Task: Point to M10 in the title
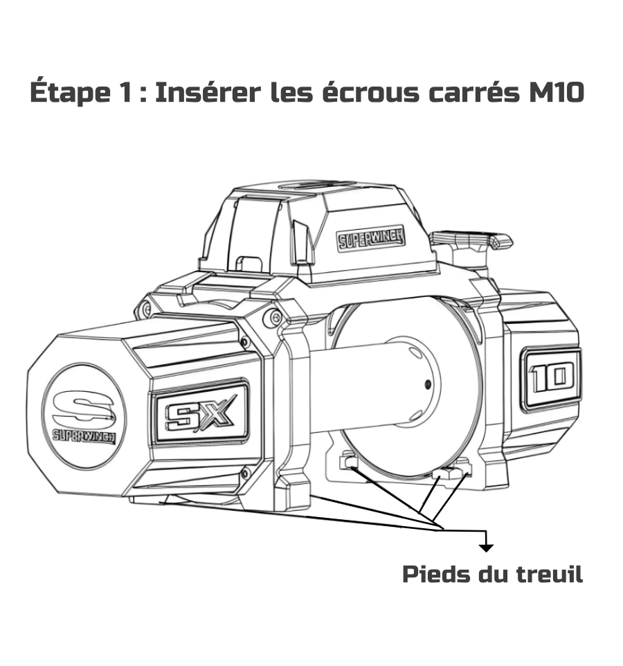tap(557, 92)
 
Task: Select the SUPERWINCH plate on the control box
tap(371, 239)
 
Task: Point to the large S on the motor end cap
tap(84, 407)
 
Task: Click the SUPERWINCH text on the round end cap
tap(84, 436)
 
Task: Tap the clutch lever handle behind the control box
tap(471, 240)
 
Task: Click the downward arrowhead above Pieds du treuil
tap(486, 548)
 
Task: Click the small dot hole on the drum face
tap(428, 384)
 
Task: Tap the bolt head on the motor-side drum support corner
tap(273, 316)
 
